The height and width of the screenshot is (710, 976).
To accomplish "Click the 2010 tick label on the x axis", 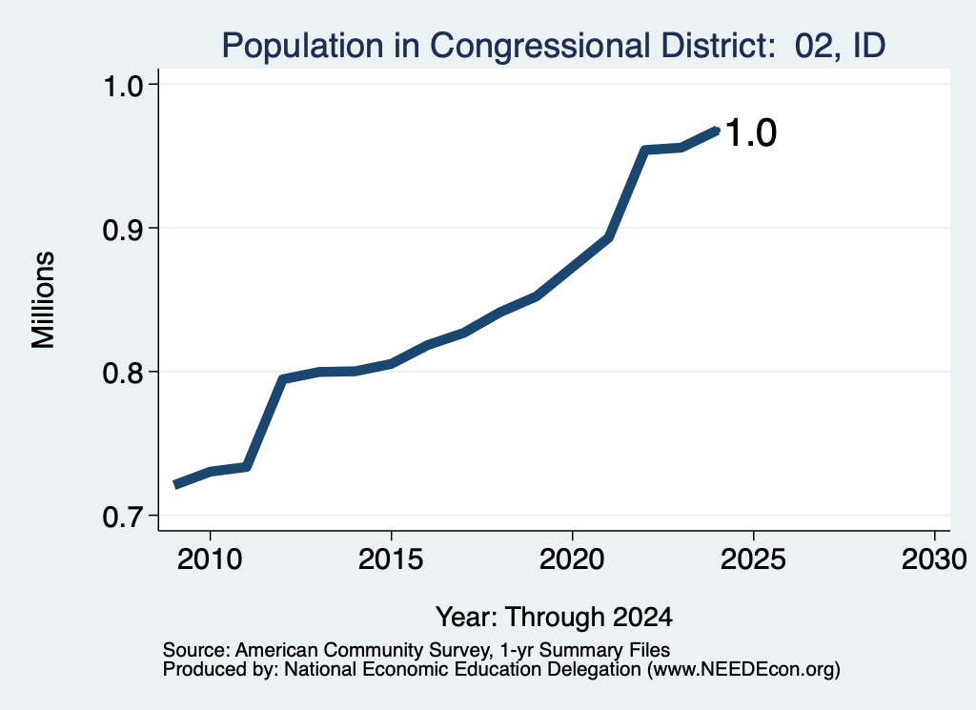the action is [210, 559].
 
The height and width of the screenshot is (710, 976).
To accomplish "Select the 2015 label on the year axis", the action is [391, 559].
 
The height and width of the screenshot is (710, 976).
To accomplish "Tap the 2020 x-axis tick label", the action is [572, 559].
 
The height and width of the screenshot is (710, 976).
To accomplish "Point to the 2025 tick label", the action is [753, 559].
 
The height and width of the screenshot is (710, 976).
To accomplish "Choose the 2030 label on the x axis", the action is [934, 559].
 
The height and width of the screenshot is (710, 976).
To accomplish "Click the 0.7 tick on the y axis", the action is [122, 517].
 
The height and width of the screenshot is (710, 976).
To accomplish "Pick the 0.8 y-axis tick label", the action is [122, 373].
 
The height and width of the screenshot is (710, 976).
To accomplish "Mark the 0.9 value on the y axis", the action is [122, 230].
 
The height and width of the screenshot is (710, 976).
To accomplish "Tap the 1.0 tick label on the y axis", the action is [122, 86].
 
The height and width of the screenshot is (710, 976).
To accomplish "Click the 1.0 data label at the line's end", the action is [751, 132].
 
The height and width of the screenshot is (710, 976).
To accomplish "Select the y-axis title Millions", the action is [43, 300].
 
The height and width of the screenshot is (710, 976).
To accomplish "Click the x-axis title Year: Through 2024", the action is [554, 617].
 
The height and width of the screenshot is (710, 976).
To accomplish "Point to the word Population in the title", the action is [303, 46].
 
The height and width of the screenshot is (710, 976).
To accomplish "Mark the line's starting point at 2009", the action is [175, 484].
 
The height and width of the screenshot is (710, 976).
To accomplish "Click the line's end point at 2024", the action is [717, 131].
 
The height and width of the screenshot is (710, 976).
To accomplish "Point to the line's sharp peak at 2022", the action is [645, 150].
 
